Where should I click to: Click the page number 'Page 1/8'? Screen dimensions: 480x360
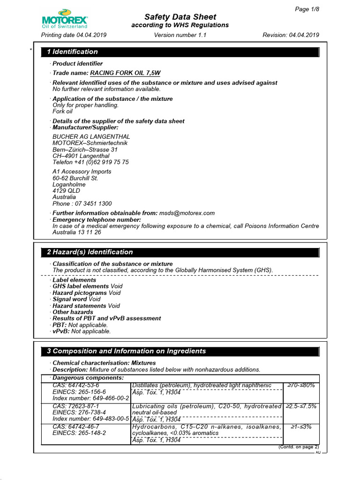307,9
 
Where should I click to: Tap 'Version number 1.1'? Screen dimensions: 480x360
180,35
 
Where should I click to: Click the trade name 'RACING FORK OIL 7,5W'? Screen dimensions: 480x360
125,73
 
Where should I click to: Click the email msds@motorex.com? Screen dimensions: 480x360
187,213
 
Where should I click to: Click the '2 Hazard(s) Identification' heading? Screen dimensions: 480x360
90,252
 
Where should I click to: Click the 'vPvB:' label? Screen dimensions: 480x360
61,331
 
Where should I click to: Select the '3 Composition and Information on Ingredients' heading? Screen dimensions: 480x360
126,351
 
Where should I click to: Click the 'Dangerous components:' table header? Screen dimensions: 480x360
88,378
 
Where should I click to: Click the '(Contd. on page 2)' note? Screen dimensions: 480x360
298,447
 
